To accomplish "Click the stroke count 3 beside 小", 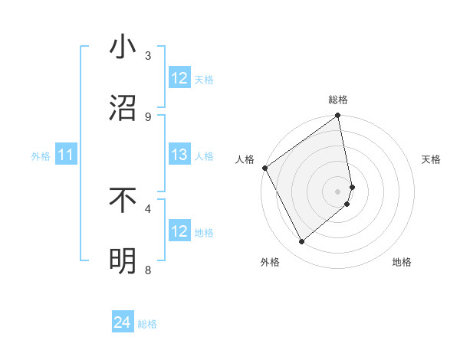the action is [x=148, y=56].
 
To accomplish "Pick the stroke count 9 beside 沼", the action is [x=148, y=116].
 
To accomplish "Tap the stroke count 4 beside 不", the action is [x=148, y=208].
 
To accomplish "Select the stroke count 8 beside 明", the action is [x=148, y=270].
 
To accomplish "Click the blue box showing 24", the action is [x=123, y=323].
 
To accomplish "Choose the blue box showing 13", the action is [x=179, y=155].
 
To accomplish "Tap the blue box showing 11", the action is [x=65, y=155].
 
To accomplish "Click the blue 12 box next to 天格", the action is [x=179, y=78].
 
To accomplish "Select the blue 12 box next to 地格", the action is [x=179, y=231].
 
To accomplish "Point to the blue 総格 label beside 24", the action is [x=147, y=324].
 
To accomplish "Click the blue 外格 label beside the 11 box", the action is [x=41, y=156].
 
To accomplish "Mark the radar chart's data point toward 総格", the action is [x=337, y=116].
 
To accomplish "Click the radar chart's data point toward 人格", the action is [x=264, y=168].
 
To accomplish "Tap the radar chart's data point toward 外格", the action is [x=301, y=241].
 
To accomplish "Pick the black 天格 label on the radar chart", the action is [x=432, y=159].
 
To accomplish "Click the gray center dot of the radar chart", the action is [x=337, y=191].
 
